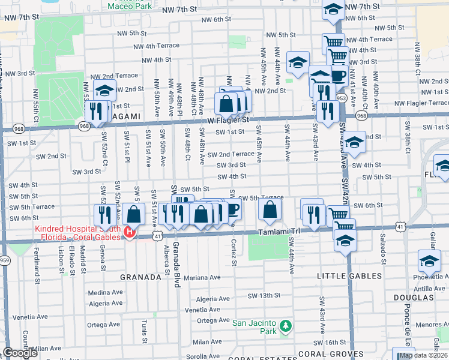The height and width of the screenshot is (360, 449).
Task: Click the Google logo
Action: [20, 353]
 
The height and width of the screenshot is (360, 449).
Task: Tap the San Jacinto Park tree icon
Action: [286, 326]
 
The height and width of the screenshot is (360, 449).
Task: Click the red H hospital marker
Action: [128, 232]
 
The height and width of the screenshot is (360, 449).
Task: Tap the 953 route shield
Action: [342, 98]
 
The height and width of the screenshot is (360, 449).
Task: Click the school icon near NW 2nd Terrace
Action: [104, 89]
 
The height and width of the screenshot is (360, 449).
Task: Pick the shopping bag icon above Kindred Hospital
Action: [134, 214]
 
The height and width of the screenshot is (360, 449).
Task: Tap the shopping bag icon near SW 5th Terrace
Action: [270, 209]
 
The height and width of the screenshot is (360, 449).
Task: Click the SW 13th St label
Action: [265, 295]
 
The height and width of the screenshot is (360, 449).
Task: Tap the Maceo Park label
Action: [129, 6]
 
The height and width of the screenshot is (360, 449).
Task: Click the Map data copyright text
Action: [423, 355]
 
